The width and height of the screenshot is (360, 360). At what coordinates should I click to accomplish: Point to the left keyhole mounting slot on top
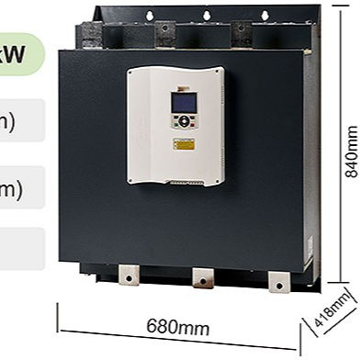(146, 14)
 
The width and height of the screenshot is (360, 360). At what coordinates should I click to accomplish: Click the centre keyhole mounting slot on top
(208, 14)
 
